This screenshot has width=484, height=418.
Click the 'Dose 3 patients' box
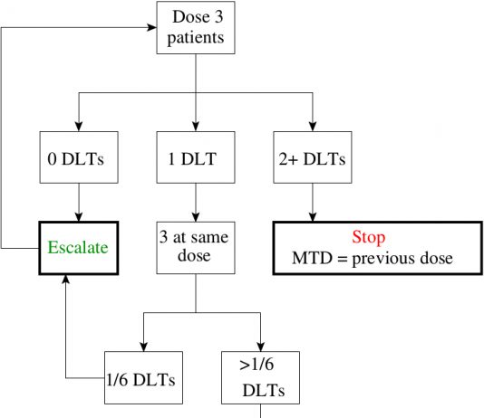[x=196, y=28]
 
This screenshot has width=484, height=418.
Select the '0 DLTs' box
[x=79, y=157]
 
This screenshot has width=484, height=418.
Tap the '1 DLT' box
[x=196, y=157]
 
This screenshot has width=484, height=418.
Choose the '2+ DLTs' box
[x=313, y=157]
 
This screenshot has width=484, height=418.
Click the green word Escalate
[x=78, y=247]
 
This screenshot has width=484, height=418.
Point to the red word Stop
[x=369, y=237]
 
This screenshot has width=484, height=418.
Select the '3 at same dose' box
[x=196, y=248]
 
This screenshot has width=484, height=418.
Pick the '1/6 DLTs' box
[x=143, y=377]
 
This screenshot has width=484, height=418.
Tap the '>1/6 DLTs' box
[x=260, y=377]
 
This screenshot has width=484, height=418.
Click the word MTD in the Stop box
[x=312, y=258]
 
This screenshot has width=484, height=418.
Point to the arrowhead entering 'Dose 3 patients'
[x=152, y=27]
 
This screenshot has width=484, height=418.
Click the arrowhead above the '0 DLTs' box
[x=79, y=127]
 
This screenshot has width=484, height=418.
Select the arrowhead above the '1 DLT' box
[x=196, y=127]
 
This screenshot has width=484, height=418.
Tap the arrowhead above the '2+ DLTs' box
[x=313, y=127]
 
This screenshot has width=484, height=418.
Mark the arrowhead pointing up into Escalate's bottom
[x=66, y=280]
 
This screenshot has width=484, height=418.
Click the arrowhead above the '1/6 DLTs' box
[x=143, y=347]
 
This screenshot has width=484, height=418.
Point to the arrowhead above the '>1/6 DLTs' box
[x=260, y=347]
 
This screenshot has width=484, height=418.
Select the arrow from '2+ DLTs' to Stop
[x=313, y=203]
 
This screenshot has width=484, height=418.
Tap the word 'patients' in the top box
[x=196, y=38]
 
